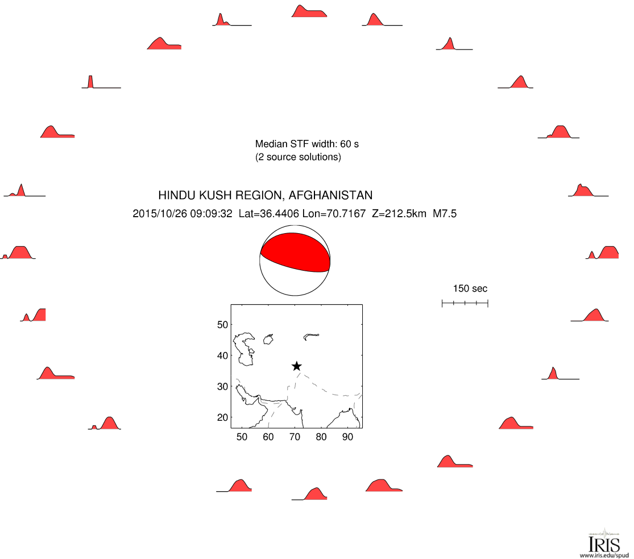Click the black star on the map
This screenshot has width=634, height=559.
tap(296, 366)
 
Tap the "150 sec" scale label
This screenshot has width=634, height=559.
tap(470, 288)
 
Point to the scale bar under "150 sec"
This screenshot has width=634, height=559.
tap(465, 303)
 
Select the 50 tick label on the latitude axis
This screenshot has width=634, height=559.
tap(222, 325)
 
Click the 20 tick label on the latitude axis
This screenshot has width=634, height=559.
tap(222, 417)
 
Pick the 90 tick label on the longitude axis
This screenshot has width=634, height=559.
tap(348, 437)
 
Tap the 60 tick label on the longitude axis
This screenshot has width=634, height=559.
tap(268, 437)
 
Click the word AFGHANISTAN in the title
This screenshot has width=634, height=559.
tap(330, 196)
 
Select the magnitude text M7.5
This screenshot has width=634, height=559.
tap(445, 214)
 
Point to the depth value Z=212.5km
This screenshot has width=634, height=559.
tap(399, 214)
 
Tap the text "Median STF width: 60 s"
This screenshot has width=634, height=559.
tap(307, 144)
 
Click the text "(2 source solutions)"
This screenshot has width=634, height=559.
tap(298, 157)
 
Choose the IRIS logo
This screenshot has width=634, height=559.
tap(604, 541)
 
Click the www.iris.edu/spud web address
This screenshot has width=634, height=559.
tap(604, 556)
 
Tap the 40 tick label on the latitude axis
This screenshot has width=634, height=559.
tap(222, 356)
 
